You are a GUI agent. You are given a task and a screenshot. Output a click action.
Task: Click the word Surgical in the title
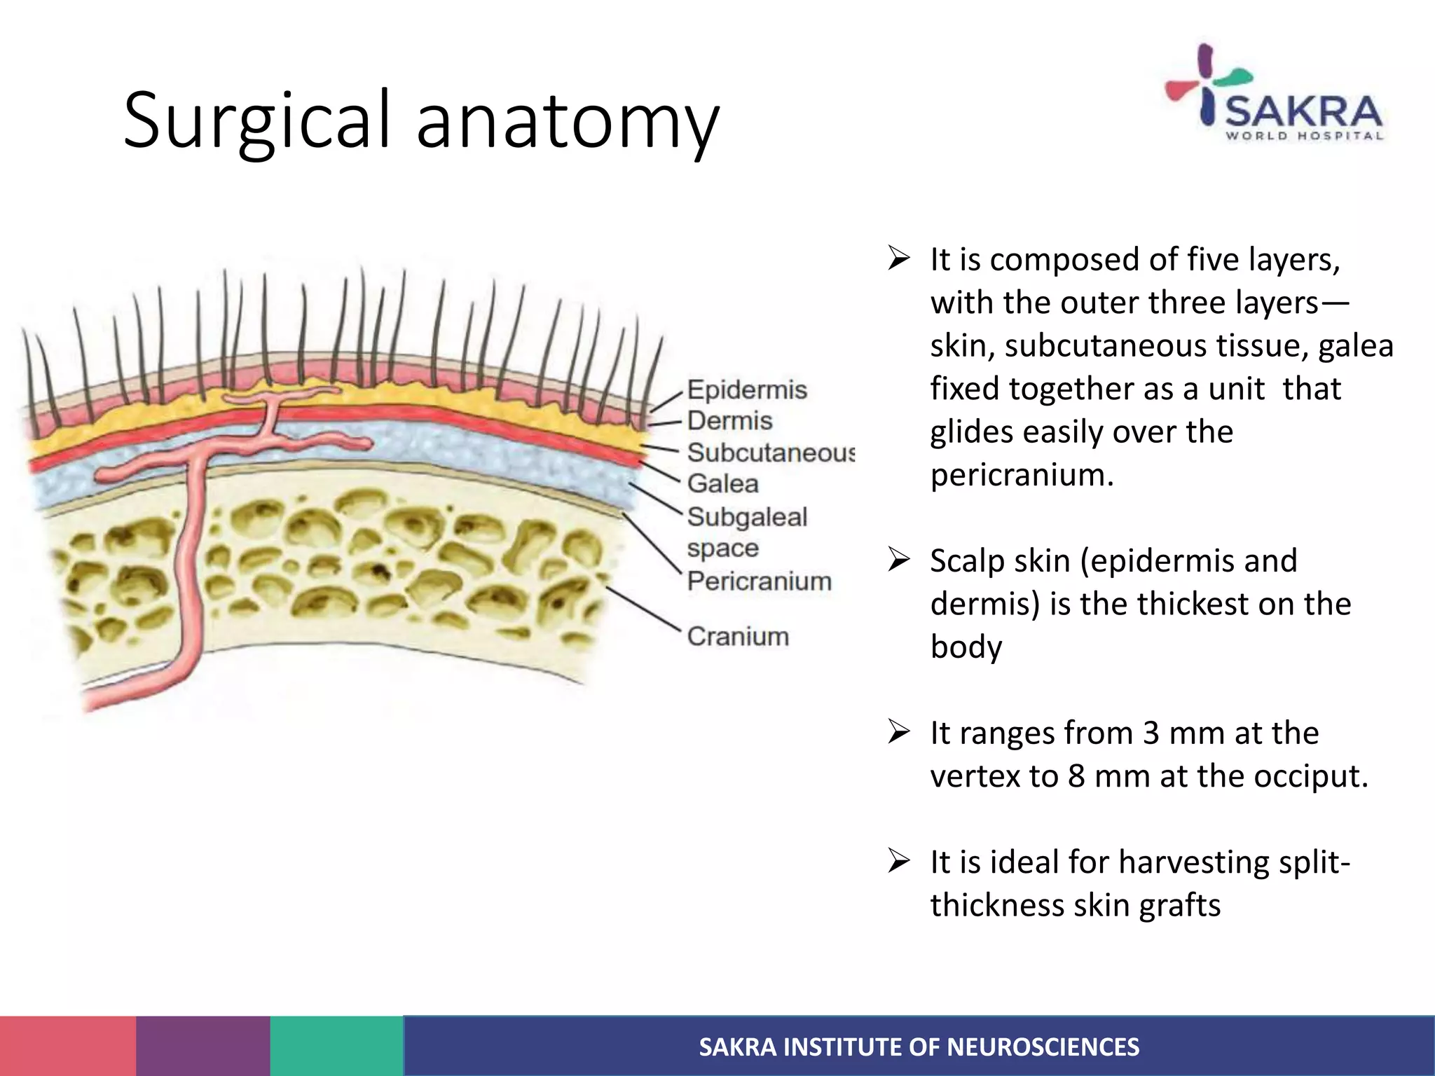pos(256,120)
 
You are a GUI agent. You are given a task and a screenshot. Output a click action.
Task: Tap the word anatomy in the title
pos(568,120)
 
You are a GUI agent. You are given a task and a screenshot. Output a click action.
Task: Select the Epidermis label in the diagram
pos(747,389)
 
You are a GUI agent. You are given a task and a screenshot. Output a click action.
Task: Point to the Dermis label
pos(729,420)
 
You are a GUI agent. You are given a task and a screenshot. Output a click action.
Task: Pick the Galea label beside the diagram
pos(722,483)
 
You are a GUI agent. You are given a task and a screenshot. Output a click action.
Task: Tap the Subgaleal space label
pos(747,532)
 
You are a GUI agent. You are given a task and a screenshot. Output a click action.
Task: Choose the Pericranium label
pos(759,581)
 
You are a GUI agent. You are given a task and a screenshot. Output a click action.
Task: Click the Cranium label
pos(738,636)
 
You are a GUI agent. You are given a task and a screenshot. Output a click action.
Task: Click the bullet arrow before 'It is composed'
pos(898,258)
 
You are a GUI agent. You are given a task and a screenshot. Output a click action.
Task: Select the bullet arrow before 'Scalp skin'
pos(898,560)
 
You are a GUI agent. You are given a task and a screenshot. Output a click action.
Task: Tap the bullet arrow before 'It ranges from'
pos(898,732)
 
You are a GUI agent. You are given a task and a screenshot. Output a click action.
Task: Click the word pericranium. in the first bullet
pos(1022,475)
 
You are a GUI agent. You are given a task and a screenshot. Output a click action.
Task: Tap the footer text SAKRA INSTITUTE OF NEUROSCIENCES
pos(919,1047)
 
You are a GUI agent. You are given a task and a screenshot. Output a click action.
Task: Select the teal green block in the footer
pos(336,1046)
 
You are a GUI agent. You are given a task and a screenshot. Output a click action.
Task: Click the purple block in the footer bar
pos(202,1046)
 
